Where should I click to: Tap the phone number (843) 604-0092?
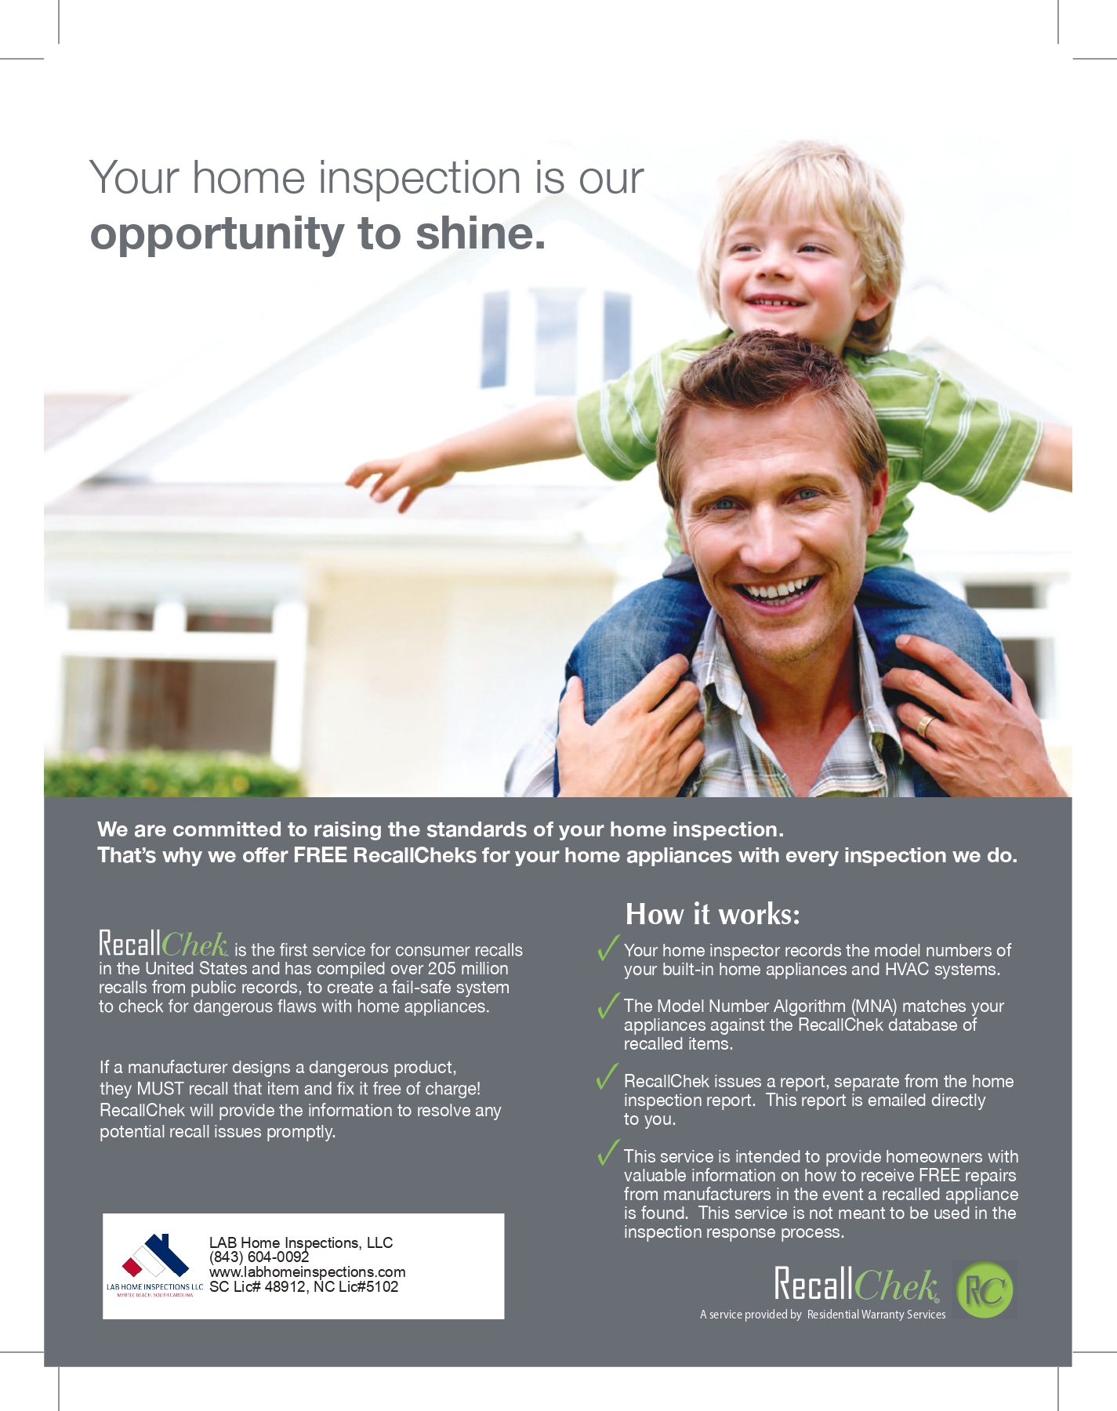[259, 1257]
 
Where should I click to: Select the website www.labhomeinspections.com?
[307, 1271]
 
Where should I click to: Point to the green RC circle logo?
[985, 1289]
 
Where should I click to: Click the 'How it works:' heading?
[713, 914]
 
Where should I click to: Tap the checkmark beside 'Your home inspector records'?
[607, 948]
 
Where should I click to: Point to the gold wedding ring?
[926, 726]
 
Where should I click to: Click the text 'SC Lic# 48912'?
[257, 1286]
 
